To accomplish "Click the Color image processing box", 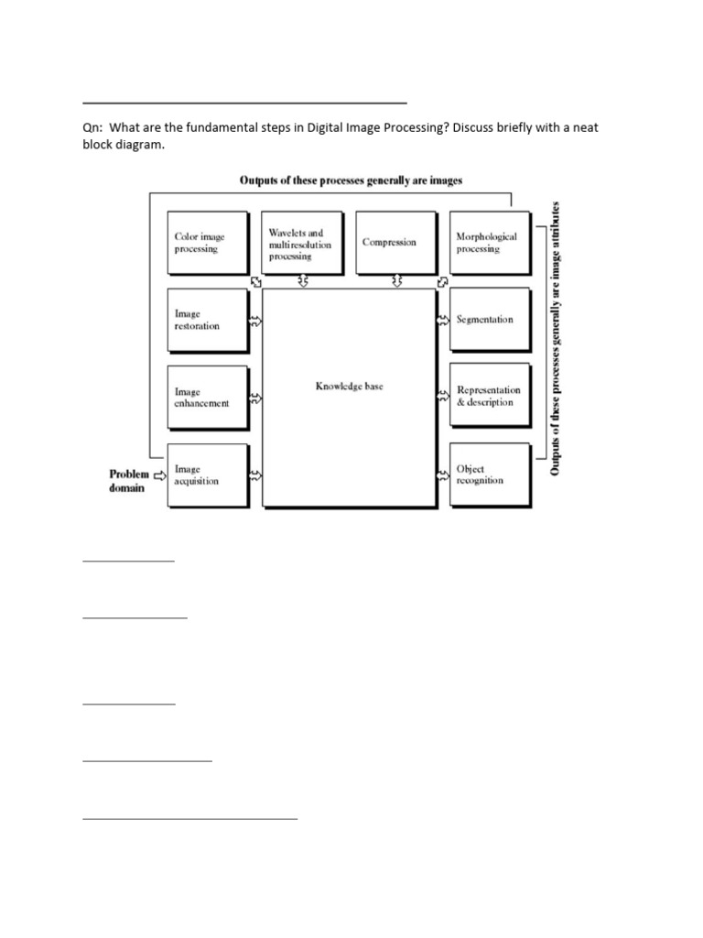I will coord(207,242).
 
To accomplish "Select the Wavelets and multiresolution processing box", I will coord(300,242).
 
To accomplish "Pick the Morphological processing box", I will coord(489,242).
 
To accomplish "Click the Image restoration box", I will coord(207,320).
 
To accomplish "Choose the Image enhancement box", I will coord(207,398).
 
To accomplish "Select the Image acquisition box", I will coord(207,474).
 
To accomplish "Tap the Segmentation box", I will coord(489,320).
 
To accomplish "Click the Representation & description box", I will coord(489,397).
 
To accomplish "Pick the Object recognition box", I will coord(489,474).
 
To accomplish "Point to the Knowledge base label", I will coord(350,387).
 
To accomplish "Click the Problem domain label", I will coord(129,481).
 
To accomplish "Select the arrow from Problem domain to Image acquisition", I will coord(160,475).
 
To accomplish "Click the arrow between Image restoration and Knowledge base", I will coord(255,322).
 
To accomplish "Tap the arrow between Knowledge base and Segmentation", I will coord(442,320).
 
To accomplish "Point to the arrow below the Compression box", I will coord(396,280).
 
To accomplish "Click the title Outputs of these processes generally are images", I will coord(351,180).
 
